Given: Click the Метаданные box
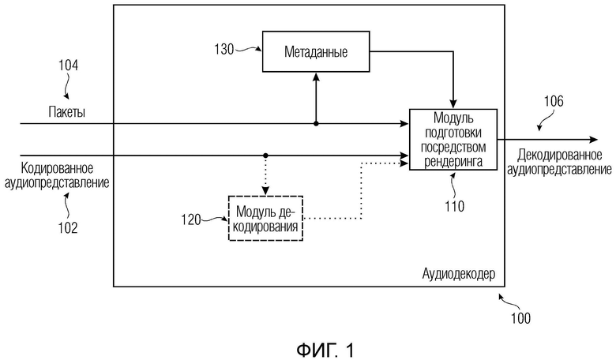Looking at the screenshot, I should tap(315, 52).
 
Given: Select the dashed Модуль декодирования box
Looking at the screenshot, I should tap(265, 219).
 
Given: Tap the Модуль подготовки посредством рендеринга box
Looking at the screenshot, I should tap(453, 138).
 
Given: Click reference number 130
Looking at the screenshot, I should tap(223, 49).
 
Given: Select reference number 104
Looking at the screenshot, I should tap(67, 66).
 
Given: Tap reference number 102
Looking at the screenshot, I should tap(67, 228).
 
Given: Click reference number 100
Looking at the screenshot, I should tap(520, 319).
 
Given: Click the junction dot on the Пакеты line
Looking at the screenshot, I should tap(316, 124).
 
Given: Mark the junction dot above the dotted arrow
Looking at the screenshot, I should tap(265, 155).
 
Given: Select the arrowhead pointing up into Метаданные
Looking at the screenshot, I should tap(316, 77).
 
